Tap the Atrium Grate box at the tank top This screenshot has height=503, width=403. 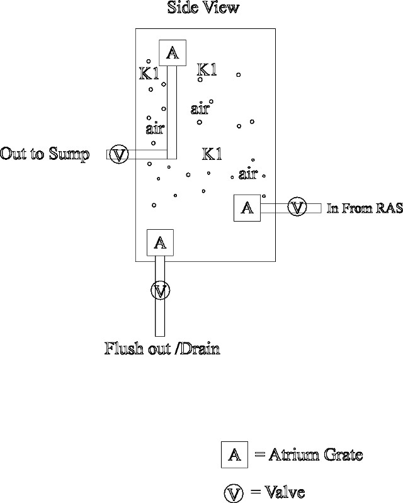tap(171, 54)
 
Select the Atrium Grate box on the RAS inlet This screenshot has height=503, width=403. tap(247, 208)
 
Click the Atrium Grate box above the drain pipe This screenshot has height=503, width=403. tap(161, 242)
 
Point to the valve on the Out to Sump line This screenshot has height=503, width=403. tap(119, 154)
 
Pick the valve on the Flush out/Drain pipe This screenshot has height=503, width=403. tap(161, 290)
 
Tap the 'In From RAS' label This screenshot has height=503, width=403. tap(364, 209)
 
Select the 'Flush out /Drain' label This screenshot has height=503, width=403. tap(162, 348)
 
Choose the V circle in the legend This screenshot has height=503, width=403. tap(234, 492)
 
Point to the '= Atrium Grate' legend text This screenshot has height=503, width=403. tap(309, 455)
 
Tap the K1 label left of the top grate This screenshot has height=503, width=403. tap(149, 74)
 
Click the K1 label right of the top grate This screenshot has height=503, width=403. tap(207, 69)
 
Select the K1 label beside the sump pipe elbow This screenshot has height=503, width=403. tap(212, 153)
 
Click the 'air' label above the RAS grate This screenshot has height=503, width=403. tap(248, 173)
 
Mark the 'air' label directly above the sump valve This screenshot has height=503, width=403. tap(155, 129)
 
